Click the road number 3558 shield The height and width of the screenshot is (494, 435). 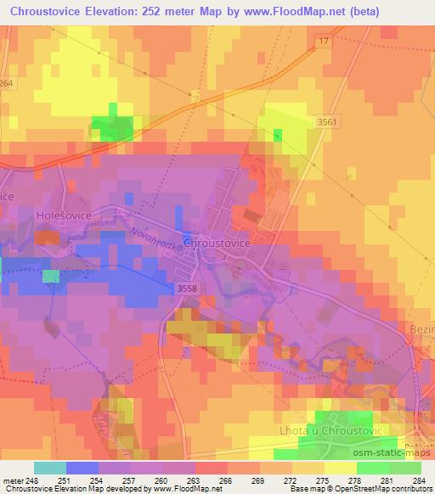point(189,289)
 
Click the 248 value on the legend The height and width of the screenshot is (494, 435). point(31,480)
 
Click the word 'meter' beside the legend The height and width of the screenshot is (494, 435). point(11,480)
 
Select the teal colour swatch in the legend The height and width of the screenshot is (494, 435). point(49,468)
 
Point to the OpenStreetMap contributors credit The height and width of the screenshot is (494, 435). point(371,489)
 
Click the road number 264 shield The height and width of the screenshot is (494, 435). point(7,82)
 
